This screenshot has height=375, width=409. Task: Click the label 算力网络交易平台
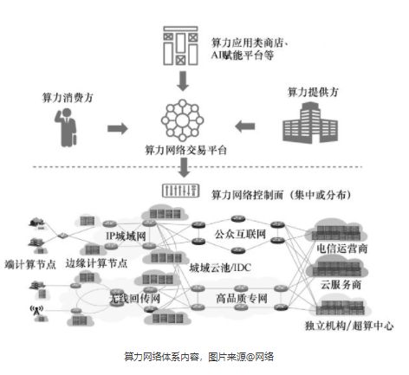click(185, 150)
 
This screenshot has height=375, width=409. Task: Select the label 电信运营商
click(354, 248)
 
